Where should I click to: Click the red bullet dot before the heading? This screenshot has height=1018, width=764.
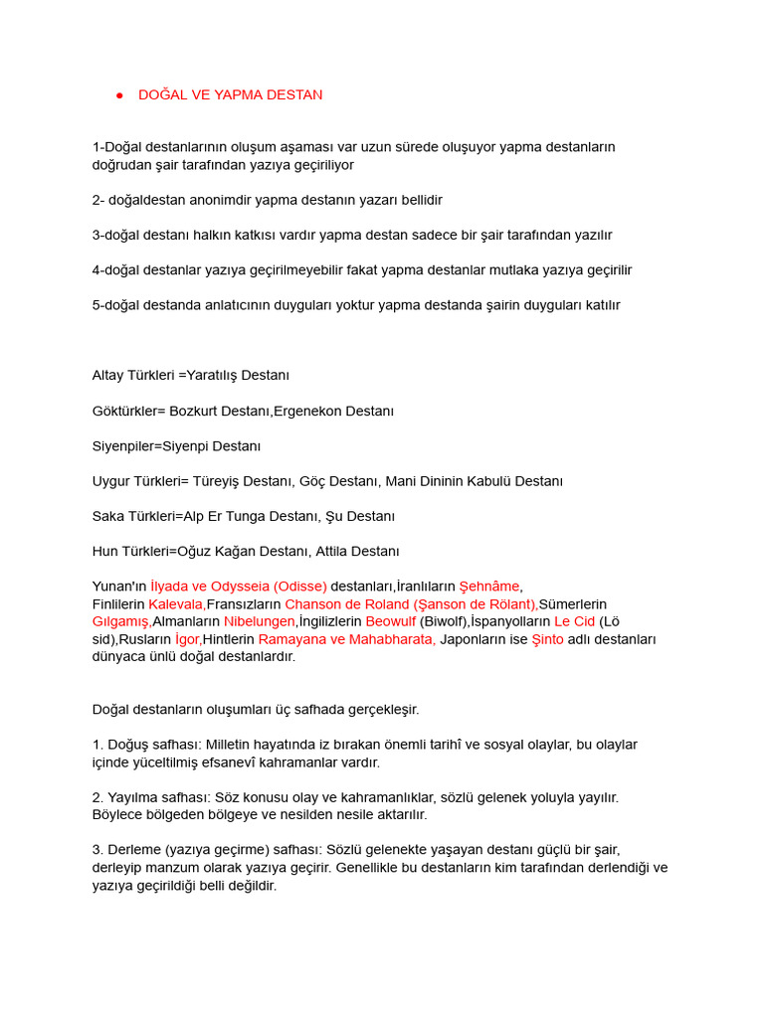[119, 95]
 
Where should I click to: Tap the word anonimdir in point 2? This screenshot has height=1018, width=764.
[222, 200]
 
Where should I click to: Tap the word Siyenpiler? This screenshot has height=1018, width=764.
[125, 446]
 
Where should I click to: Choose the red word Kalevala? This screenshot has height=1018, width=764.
[176, 604]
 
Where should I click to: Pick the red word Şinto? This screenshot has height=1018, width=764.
[547, 639]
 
